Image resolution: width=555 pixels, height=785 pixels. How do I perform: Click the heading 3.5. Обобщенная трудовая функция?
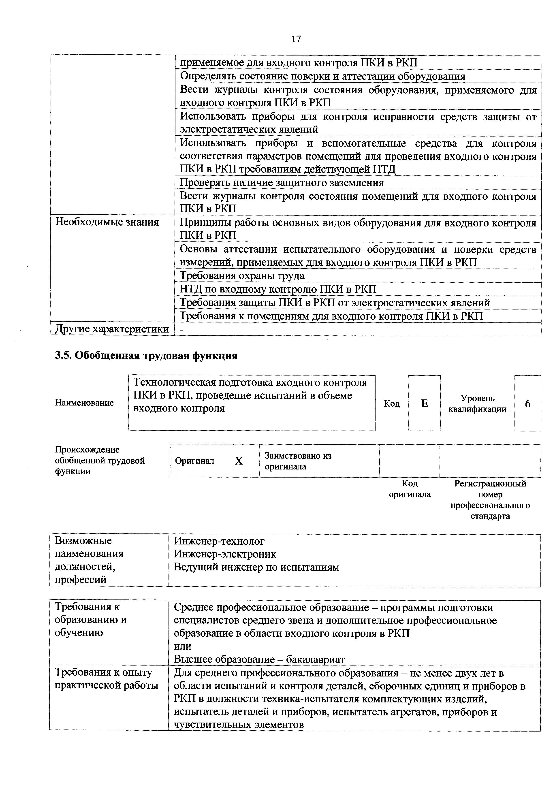pyautogui.click(x=146, y=356)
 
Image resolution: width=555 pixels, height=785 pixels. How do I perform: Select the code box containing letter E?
pyautogui.click(x=424, y=403)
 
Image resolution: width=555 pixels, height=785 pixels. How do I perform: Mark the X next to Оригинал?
pyautogui.click(x=239, y=461)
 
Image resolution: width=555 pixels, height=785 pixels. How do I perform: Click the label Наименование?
pyautogui.click(x=84, y=403)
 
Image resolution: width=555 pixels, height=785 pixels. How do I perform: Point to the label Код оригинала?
pyautogui.click(x=410, y=489)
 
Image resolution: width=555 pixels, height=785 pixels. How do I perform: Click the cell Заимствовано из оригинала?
pyautogui.click(x=298, y=461)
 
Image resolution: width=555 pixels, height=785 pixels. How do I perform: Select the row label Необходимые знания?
pyautogui.click(x=107, y=222)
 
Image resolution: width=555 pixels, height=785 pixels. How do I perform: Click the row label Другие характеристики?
pyautogui.click(x=112, y=329)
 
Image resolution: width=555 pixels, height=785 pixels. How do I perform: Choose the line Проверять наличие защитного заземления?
pyautogui.click(x=282, y=183)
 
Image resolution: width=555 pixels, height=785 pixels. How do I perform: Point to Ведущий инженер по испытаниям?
pyautogui.click(x=256, y=567)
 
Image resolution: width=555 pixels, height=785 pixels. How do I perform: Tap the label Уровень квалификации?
pyautogui.click(x=477, y=404)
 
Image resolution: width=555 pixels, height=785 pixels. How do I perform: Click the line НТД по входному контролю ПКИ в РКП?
pyautogui.click(x=278, y=289)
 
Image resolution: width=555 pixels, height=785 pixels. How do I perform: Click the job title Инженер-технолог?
pyautogui.click(x=219, y=541)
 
